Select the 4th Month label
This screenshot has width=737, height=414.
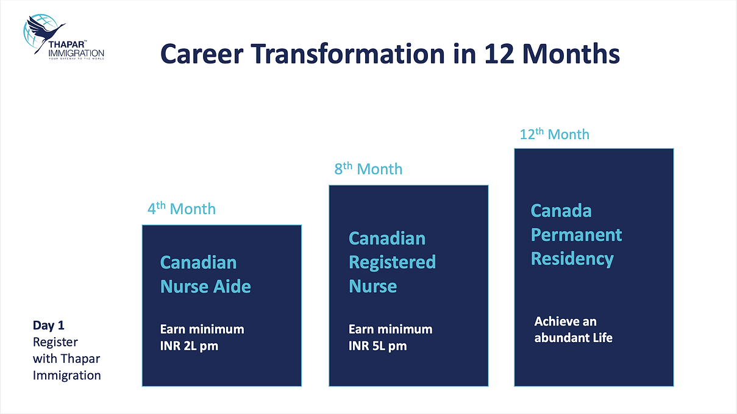tap(182, 209)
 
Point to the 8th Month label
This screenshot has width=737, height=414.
tap(368, 168)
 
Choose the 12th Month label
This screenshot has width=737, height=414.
tap(554, 134)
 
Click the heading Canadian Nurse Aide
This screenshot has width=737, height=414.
tap(205, 274)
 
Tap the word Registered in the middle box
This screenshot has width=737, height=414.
tap(392, 262)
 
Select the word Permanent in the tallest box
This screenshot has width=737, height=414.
tap(576, 235)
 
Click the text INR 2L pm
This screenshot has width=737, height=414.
tap(189, 346)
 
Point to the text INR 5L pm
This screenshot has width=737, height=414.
tap(378, 346)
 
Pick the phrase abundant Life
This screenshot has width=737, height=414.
tap(574, 338)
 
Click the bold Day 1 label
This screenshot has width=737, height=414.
tap(48, 325)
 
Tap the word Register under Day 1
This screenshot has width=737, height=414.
tap(55, 342)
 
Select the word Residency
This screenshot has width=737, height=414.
tap(572, 259)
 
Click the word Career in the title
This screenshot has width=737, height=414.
tap(202, 54)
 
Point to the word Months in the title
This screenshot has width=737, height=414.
tap(571, 54)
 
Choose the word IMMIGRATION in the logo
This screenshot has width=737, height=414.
tap(76, 53)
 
